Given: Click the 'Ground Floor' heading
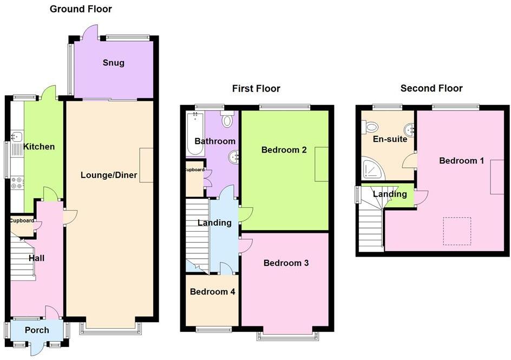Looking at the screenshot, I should [81, 9].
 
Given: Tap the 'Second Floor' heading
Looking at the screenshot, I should [431, 88].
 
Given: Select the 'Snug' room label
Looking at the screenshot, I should [114, 63].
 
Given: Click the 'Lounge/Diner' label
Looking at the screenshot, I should [109, 175].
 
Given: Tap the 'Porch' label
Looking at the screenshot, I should [37, 330].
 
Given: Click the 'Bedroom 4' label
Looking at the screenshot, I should [212, 292].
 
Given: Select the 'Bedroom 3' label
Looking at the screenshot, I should [286, 263].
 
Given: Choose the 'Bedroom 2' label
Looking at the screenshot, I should [284, 149].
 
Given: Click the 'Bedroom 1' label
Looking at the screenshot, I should [462, 161].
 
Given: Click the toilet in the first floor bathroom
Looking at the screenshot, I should [227, 120].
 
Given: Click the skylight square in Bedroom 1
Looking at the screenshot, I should [457, 231].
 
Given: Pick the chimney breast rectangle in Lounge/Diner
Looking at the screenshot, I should [146, 165].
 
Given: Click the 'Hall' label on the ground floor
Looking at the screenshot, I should [37, 258].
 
